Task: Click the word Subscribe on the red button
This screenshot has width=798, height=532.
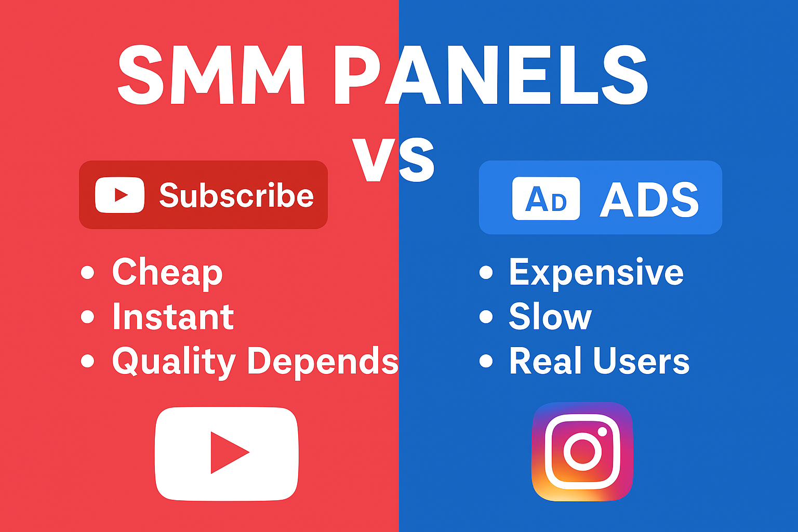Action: point(236,195)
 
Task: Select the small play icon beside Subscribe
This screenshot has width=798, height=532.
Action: point(120,195)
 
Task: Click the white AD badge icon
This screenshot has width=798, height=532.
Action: point(546,198)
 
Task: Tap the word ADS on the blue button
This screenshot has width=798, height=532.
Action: point(649,199)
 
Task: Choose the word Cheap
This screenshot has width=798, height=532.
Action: point(167,272)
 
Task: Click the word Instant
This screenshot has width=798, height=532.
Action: point(173,317)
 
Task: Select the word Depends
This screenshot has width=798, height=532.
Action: point(322,361)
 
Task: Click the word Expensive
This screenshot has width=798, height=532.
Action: point(596,272)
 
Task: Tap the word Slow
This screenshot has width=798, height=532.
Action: point(550,317)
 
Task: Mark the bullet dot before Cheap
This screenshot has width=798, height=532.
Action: point(88,272)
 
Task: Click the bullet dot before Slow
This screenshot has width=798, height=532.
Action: point(486,316)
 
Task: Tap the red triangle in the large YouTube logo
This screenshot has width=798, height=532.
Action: point(228,453)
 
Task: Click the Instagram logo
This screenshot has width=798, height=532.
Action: point(582,451)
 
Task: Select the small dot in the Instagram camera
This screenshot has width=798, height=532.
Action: point(602,432)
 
